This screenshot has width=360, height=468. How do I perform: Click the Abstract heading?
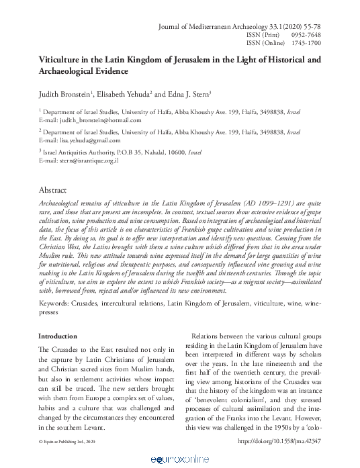(x=53, y=191)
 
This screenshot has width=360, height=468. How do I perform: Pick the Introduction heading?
(x=58, y=336)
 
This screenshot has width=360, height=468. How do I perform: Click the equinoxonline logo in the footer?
(x=180, y=457)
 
